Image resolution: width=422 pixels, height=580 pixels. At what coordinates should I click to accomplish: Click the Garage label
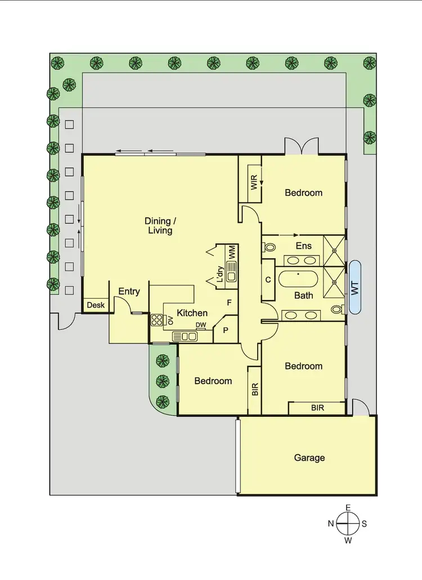(309, 458)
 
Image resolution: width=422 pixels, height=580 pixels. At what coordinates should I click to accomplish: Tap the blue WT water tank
(355, 287)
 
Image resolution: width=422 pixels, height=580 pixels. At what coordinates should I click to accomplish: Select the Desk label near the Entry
(96, 305)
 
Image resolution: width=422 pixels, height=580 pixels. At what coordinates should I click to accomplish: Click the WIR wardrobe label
(254, 183)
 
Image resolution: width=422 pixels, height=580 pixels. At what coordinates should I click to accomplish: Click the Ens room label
(304, 245)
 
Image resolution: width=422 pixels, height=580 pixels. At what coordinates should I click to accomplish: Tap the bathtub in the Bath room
(298, 280)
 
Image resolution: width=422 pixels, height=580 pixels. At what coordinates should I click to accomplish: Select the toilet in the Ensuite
(269, 246)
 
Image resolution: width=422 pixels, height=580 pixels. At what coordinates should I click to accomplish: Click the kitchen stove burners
(156, 320)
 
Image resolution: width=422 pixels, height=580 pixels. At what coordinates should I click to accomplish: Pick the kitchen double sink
(185, 336)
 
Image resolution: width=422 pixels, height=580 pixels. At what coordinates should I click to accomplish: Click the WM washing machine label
(231, 251)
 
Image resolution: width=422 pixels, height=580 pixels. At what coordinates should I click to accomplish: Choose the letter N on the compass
(330, 524)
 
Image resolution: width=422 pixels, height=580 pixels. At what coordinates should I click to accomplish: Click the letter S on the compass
(364, 524)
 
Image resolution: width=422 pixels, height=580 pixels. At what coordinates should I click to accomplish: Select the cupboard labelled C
(268, 280)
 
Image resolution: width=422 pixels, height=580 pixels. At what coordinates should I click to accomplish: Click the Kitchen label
(192, 313)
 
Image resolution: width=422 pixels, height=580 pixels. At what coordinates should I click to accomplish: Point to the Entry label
(129, 291)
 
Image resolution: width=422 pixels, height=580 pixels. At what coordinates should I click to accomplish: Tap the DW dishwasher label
(200, 325)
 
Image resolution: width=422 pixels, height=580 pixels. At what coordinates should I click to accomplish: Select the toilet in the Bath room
(337, 309)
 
